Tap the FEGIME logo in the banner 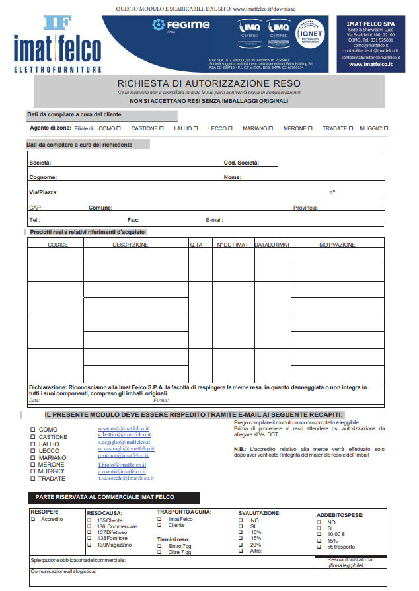[180, 26]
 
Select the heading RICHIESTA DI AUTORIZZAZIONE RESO [208, 83]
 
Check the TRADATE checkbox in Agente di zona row [351, 128]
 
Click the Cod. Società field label [241, 163]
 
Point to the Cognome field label [43, 177]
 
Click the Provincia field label [305, 207]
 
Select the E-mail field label [215, 220]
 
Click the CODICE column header [58, 245]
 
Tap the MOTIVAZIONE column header [337, 245]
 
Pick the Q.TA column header [196, 245]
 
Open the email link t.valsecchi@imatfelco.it [126, 478]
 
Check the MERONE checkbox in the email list [33, 465]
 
